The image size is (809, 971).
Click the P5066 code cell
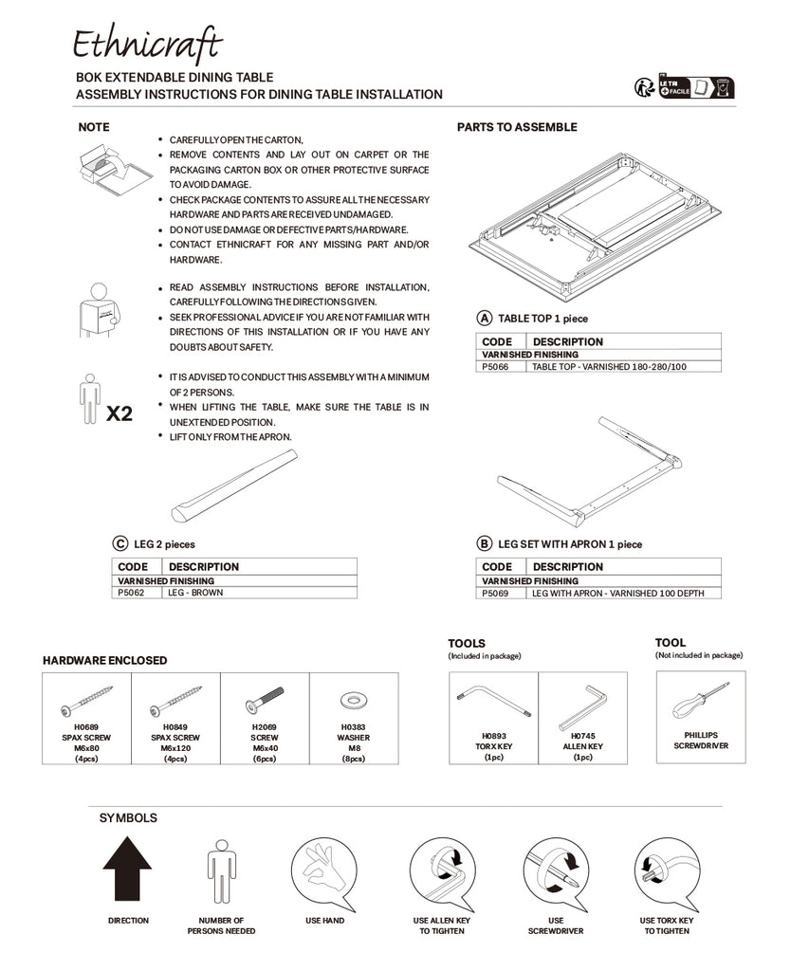coord(500,366)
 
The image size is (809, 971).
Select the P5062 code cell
coord(135,592)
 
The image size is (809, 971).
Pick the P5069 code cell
coord(500,593)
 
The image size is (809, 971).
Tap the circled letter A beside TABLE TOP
coord(485,319)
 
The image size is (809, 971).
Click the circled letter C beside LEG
coord(120,543)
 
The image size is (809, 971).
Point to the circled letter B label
coord(485,543)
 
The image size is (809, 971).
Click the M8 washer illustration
coord(353,700)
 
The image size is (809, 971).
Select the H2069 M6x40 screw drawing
coord(265,702)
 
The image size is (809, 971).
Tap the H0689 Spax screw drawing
coord(86,702)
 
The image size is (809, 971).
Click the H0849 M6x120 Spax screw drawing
coord(175,702)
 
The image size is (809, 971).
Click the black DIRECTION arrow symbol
coord(127,870)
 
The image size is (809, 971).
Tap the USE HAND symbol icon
coord(323,872)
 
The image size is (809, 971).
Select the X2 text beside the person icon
coord(120,414)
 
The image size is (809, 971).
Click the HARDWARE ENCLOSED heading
coord(104,660)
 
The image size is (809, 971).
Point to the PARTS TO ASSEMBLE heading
coord(517,127)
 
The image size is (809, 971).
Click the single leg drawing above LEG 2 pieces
coord(233,485)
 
